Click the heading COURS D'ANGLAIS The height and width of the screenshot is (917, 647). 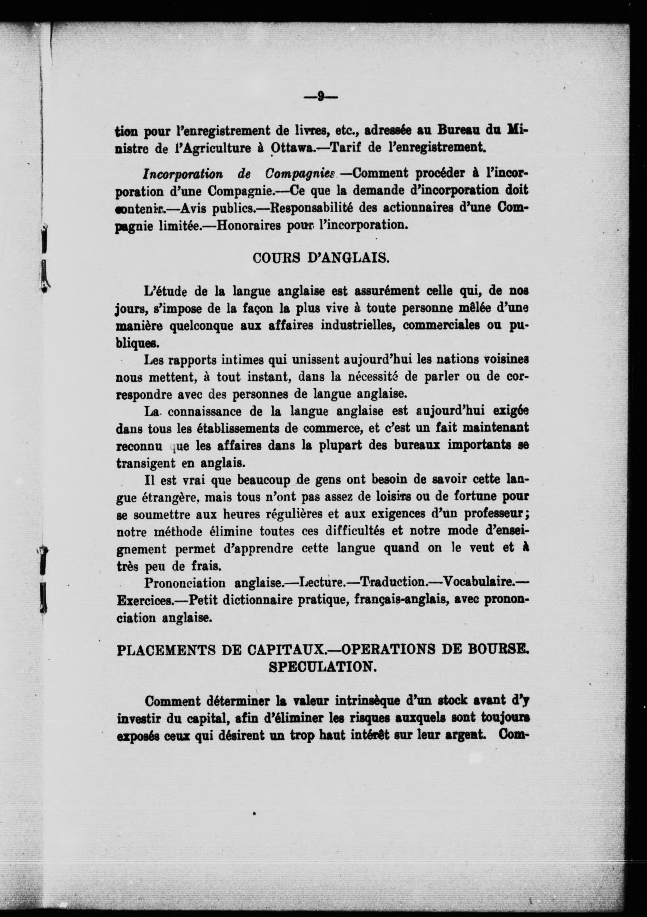[321, 258]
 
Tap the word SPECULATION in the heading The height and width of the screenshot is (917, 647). [323, 667]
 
